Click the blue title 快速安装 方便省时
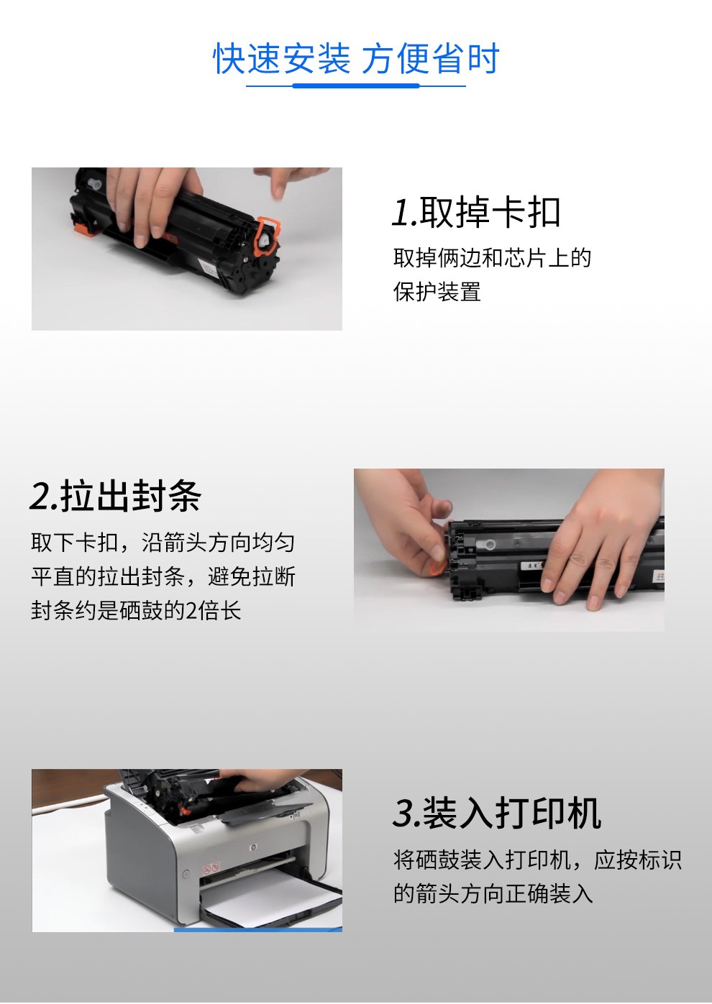tap(356, 58)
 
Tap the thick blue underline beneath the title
tap(356, 86)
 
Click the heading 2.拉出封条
tap(115, 495)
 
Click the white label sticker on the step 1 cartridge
tap(209, 267)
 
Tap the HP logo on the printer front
tap(253, 847)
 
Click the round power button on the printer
tap(186, 874)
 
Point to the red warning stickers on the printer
tap(211, 868)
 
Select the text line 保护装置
tap(437, 292)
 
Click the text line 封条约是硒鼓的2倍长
tap(136, 610)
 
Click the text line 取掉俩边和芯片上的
tap(492, 258)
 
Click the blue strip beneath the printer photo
tap(258, 929)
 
